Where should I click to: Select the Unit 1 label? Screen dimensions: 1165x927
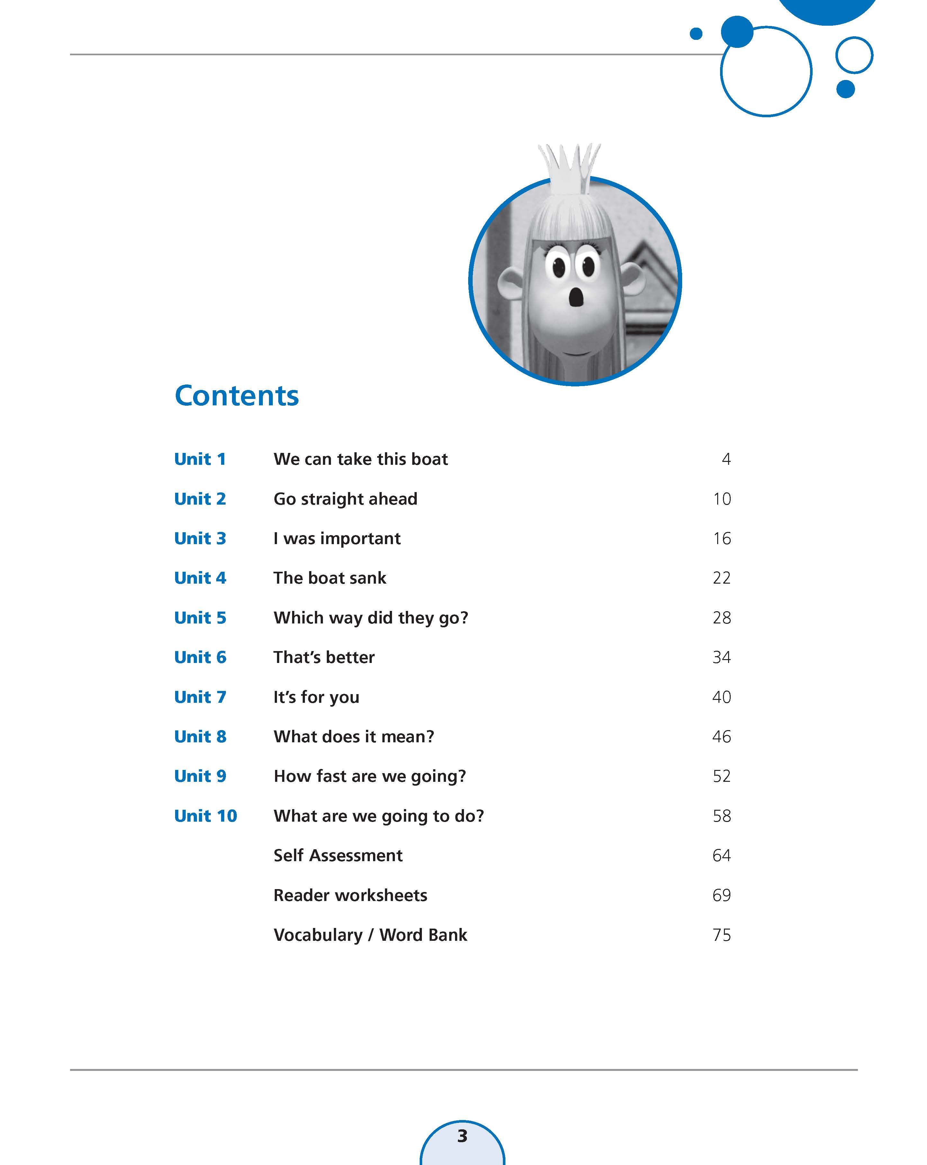click(200, 459)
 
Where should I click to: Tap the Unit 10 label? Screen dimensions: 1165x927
click(205, 816)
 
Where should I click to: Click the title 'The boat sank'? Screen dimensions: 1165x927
click(330, 578)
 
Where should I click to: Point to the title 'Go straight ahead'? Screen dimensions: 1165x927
click(345, 499)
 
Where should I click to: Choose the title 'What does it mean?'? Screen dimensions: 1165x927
click(353, 737)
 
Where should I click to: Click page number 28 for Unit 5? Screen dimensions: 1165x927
click(722, 618)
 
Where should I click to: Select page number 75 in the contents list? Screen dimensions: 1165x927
click(722, 935)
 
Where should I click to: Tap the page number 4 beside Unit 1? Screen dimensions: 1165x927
click(726, 459)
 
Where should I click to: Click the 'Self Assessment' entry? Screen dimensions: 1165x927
click(338, 855)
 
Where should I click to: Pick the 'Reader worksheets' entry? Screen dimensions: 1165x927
click(350, 896)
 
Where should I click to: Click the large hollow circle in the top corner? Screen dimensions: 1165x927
click(766, 71)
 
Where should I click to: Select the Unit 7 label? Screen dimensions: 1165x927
click(200, 697)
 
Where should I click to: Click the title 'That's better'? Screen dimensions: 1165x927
click(324, 658)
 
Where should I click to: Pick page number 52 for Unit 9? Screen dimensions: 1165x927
click(722, 776)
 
